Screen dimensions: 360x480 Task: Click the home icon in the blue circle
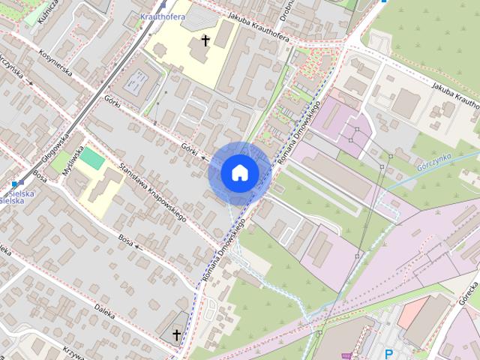[x=239, y=172]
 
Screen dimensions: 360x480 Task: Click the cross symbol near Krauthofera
[x=205, y=40]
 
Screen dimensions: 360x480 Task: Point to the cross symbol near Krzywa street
[x=177, y=334]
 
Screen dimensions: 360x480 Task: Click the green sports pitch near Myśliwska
[x=92, y=158]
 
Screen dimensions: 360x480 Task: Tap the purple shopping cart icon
[x=345, y=355]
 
